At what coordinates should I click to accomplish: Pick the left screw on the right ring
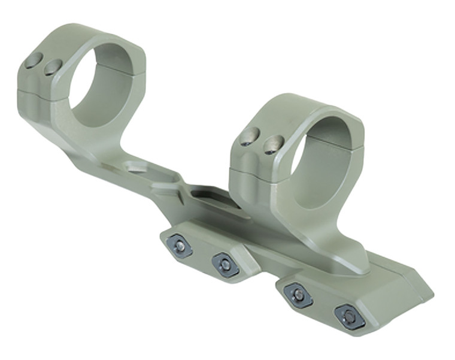coord(250,137)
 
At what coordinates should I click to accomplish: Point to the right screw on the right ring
coord(273,144)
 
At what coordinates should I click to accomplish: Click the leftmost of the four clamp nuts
coord(179,245)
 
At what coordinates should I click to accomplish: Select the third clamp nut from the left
coord(298,295)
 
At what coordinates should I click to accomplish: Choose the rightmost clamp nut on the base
coord(348,316)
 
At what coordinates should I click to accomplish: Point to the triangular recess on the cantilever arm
coord(139,166)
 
